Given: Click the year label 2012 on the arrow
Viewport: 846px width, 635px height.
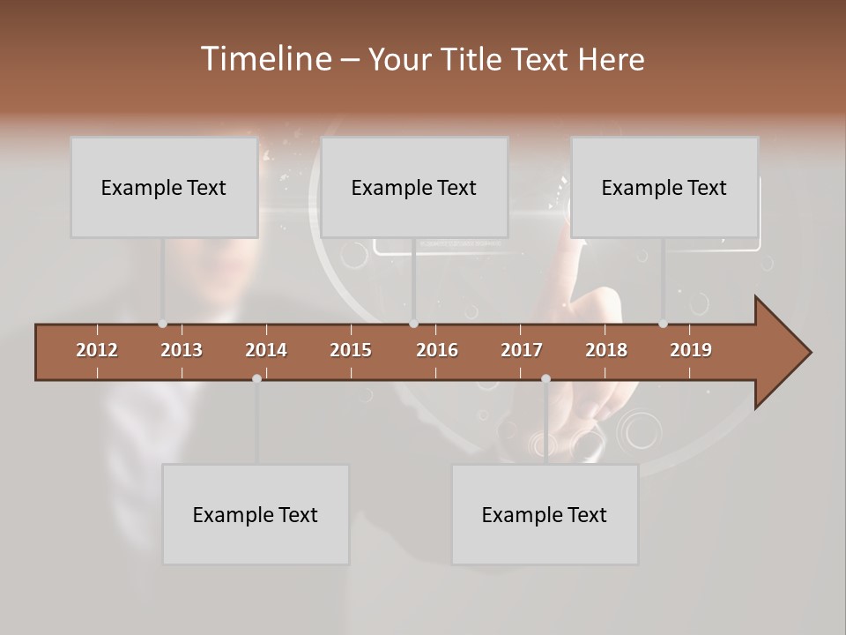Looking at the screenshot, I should pyautogui.click(x=97, y=350).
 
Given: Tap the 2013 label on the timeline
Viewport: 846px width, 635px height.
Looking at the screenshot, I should pyautogui.click(x=182, y=350).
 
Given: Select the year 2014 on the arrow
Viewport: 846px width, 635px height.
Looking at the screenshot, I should pyautogui.click(x=266, y=350).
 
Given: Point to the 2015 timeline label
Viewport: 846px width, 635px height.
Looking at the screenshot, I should pyautogui.click(x=351, y=350).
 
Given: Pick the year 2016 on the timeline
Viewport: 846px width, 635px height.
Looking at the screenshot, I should pyautogui.click(x=437, y=350).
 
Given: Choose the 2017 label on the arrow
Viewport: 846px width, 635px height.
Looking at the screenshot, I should pyautogui.click(x=522, y=350).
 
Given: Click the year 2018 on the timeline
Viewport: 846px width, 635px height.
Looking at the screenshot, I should pyautogui.click(x=606, y=350).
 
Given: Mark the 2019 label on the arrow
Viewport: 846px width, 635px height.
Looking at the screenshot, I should pyautogui.click(x=691, y=350).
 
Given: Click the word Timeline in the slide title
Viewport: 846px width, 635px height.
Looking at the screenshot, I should pyautogui.click(x=265, y=59).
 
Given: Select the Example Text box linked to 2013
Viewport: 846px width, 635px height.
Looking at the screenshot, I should pyautogui.click(x=164, y=187).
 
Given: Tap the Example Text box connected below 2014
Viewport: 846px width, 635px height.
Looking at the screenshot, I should pyautogui.click(x=256, y=514).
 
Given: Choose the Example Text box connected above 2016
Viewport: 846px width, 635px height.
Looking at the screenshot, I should pyautogui.click(x=414, y=187).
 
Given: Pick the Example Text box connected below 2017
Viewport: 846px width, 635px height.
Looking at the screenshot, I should pyautogui.click(x=545, y=514).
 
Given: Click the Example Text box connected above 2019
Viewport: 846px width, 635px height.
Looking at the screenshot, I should pyautogui.click(x=664, y=187).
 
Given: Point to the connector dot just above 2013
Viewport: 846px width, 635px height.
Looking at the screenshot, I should pyautogui.click(x=162, y=324).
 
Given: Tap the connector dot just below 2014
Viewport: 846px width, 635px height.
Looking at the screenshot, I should pyautogui.click(x=256, y=378).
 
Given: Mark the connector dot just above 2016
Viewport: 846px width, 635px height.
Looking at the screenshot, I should pyautogui.click(x=413, y=324).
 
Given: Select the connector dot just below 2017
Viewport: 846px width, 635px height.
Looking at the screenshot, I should pyautogui.click(x=545, y=378).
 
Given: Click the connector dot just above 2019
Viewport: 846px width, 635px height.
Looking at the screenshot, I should pyautogui.click(x=663, y=324).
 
